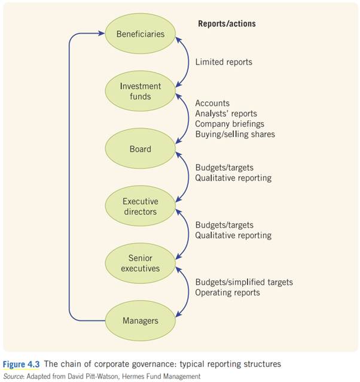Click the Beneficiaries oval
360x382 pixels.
tap(140, 34)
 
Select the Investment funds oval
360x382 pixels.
tap(140, 91)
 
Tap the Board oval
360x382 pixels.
tap(140, 148)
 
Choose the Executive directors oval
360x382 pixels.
tap(140, 206)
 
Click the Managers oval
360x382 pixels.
tap(140, 320)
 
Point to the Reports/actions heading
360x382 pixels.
tap(227, 24)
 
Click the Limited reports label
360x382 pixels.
tap(224, 62)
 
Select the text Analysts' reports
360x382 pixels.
tap(226, 114)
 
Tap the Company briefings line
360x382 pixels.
tap(230, 124)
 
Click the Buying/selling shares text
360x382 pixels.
tap(235, 134)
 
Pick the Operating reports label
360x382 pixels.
tap(228, 292)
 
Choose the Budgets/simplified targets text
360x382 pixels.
tap(244, 282)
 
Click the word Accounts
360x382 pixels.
tap(212, 104)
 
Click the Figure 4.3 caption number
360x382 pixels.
tap(20, 364)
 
